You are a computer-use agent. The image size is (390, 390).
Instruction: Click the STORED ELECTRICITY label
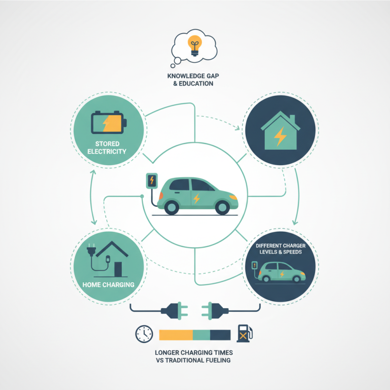(x=107, y=148)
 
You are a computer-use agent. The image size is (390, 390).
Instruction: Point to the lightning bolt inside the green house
(x=281, y=137)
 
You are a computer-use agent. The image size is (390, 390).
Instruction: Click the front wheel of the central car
(x=222, y=207)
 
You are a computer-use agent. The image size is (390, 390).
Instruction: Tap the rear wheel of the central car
(x=171, y=207)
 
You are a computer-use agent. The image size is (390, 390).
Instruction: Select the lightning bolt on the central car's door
(x=196, y=198)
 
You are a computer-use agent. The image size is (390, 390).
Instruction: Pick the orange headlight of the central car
(x=233, y=197)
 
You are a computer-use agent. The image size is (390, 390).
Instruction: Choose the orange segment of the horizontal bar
(x=176, y=334)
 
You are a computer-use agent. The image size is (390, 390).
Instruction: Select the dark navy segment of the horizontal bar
(x=220, y=334)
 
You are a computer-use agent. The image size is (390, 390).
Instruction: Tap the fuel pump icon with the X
(x=244, y=333)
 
